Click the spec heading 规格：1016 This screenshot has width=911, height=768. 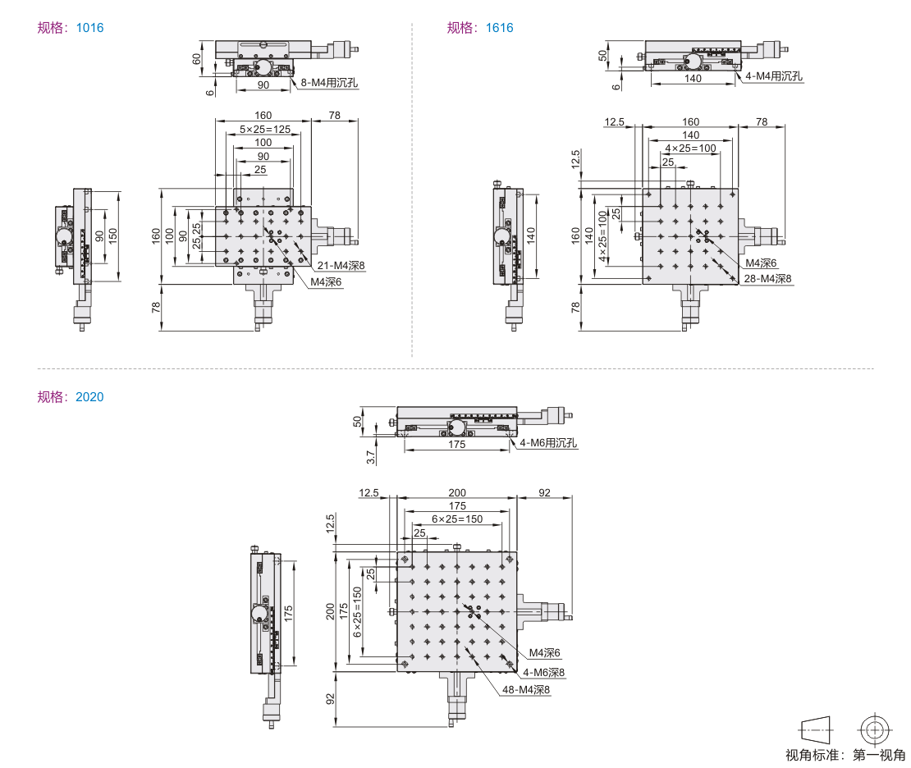pos(71,28)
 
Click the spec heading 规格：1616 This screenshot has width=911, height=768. pos(480,28)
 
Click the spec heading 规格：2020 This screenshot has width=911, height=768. pos(71,397)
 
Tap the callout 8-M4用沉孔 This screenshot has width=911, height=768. pos(330,82)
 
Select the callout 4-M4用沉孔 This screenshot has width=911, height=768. pos(774,76)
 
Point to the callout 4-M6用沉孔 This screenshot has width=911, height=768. pos(549,443)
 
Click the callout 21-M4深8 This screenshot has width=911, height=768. pos(340,266)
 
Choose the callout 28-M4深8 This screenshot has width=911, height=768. pos(767,279)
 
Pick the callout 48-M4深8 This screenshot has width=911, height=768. pos(525,689)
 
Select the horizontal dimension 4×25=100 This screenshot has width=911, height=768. pos(689,149)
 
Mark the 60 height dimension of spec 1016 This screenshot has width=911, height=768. pos(196,59)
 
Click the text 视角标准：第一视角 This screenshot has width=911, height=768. pos(845,755)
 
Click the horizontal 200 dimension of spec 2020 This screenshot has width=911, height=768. pos(456,493)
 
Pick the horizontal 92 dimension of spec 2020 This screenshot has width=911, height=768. pos(543,493)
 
